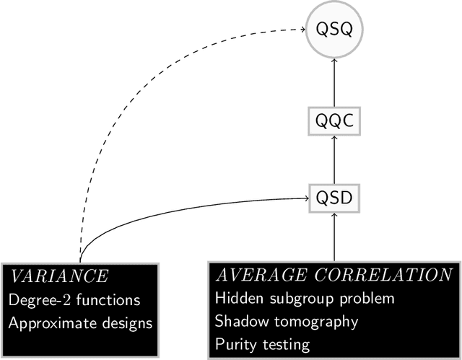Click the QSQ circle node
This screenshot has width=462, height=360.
point(334,30)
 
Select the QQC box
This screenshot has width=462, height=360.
point(334,122)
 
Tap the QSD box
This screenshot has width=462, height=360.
point(334,196)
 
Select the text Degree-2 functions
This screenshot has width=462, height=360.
point(74,299)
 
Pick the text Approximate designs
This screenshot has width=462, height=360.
point(80,322)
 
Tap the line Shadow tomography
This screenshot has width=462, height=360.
point(286,322)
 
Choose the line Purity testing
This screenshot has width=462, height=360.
point(263,345)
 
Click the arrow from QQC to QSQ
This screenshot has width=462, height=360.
point(334,83)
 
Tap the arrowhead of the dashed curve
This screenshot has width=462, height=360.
point(302,30)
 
